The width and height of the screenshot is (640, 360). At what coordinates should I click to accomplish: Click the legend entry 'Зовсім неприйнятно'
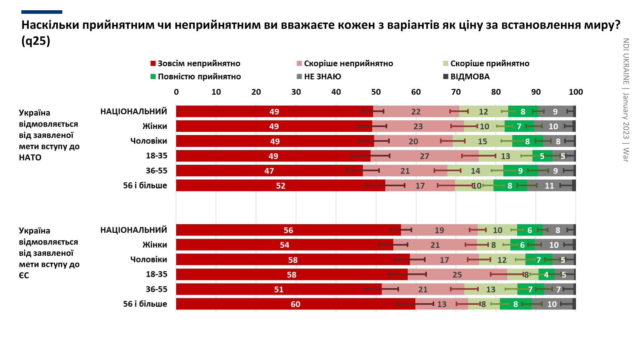[199, 64]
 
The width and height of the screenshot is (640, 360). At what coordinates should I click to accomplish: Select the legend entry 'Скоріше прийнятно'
[490, 64]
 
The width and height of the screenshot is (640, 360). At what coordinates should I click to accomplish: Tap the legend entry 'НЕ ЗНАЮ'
[322, 77]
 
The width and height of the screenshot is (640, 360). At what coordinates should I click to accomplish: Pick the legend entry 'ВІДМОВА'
[470, 77]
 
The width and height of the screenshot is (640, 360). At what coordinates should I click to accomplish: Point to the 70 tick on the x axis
[456, 92]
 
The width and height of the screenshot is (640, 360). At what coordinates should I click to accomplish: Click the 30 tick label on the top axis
[296, 92]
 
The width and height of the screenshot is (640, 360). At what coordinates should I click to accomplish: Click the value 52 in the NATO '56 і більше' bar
[281, 186]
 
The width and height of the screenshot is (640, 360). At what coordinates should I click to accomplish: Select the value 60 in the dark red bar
[295, 304]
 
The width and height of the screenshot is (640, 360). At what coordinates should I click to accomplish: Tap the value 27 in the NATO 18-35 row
[424, 156]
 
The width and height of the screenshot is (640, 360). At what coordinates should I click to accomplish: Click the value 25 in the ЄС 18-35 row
[457, 275]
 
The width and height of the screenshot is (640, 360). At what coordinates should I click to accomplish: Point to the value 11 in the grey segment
[549, 186]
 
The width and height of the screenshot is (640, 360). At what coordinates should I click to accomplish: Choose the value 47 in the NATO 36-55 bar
[269, 171]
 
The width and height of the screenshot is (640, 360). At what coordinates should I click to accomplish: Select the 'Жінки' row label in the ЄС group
[155, 245]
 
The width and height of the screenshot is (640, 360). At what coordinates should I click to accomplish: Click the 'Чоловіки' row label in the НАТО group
[148, 141]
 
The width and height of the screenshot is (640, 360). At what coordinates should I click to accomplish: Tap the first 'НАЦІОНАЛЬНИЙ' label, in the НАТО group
[134, 111]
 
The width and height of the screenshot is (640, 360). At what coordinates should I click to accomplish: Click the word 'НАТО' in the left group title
[30, 158]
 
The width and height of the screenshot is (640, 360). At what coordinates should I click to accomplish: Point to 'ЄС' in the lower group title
[24, 276]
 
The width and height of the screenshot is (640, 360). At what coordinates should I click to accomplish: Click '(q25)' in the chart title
[36, 41]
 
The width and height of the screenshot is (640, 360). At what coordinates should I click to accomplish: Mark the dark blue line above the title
[42, 12]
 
